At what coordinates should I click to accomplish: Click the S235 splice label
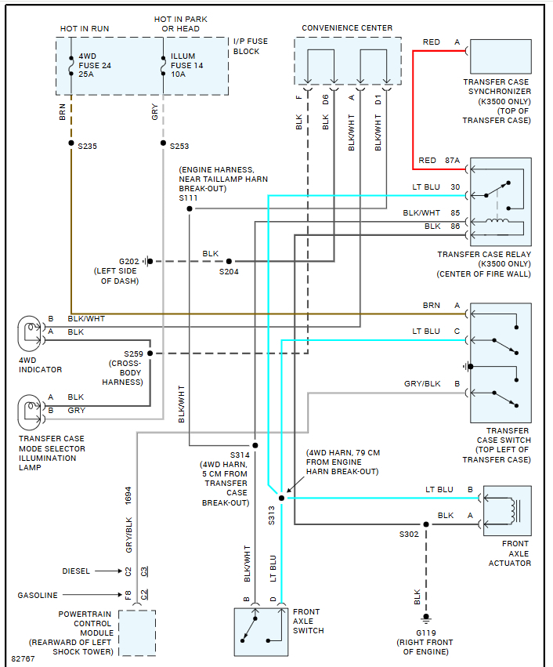(89, 146)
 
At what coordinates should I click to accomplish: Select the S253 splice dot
(163, 143)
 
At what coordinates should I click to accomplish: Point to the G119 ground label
(426, 633)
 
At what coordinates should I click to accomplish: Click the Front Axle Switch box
(261, 631)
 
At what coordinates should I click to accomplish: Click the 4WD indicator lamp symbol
(31, 333)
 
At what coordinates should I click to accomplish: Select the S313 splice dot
(281, 497)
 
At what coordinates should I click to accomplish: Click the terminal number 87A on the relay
(454, 161)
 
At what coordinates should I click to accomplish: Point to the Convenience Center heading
(347, 28)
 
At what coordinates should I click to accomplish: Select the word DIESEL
(76, 571)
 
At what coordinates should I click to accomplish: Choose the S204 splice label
(229, 272)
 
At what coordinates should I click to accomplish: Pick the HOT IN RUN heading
(85, 28)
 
